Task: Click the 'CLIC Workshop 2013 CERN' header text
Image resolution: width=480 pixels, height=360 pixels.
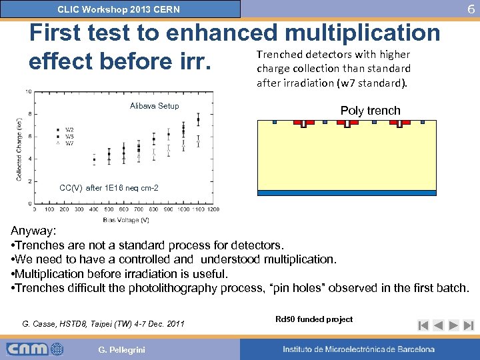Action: pyautogui.click(x=119, y=9)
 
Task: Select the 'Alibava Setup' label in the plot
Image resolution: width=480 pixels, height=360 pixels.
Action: pyautogui.click(x=154, y=106)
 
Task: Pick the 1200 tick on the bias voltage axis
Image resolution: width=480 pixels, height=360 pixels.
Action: pyautogui.click(x=213, y=209)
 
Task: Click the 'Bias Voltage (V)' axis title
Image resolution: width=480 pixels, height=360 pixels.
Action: pyautogui.click(x=126, y=220)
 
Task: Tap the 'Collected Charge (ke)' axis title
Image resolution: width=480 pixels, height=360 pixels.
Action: pyautogui.click(x=20, y=148)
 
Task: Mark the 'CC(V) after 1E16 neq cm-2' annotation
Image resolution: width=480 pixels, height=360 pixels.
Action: pyautogui.click(x=109, y=188)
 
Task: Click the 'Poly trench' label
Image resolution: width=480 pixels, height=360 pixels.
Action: pyautogui.click(x=370, y=111)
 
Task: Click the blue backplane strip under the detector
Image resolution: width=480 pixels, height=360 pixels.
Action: pyautogui.click(x=347, y=193)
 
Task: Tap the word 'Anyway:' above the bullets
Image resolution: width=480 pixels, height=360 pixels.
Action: pyautogui.click(x=34, y=231)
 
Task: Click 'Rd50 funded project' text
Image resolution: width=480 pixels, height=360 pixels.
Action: pyautogui.click(x=314, y=319)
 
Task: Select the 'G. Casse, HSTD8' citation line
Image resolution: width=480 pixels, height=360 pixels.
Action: pyautogui.click(x=103, y=323)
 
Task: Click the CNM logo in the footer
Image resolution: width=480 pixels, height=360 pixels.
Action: pyautogui.click(x=35, y=349)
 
